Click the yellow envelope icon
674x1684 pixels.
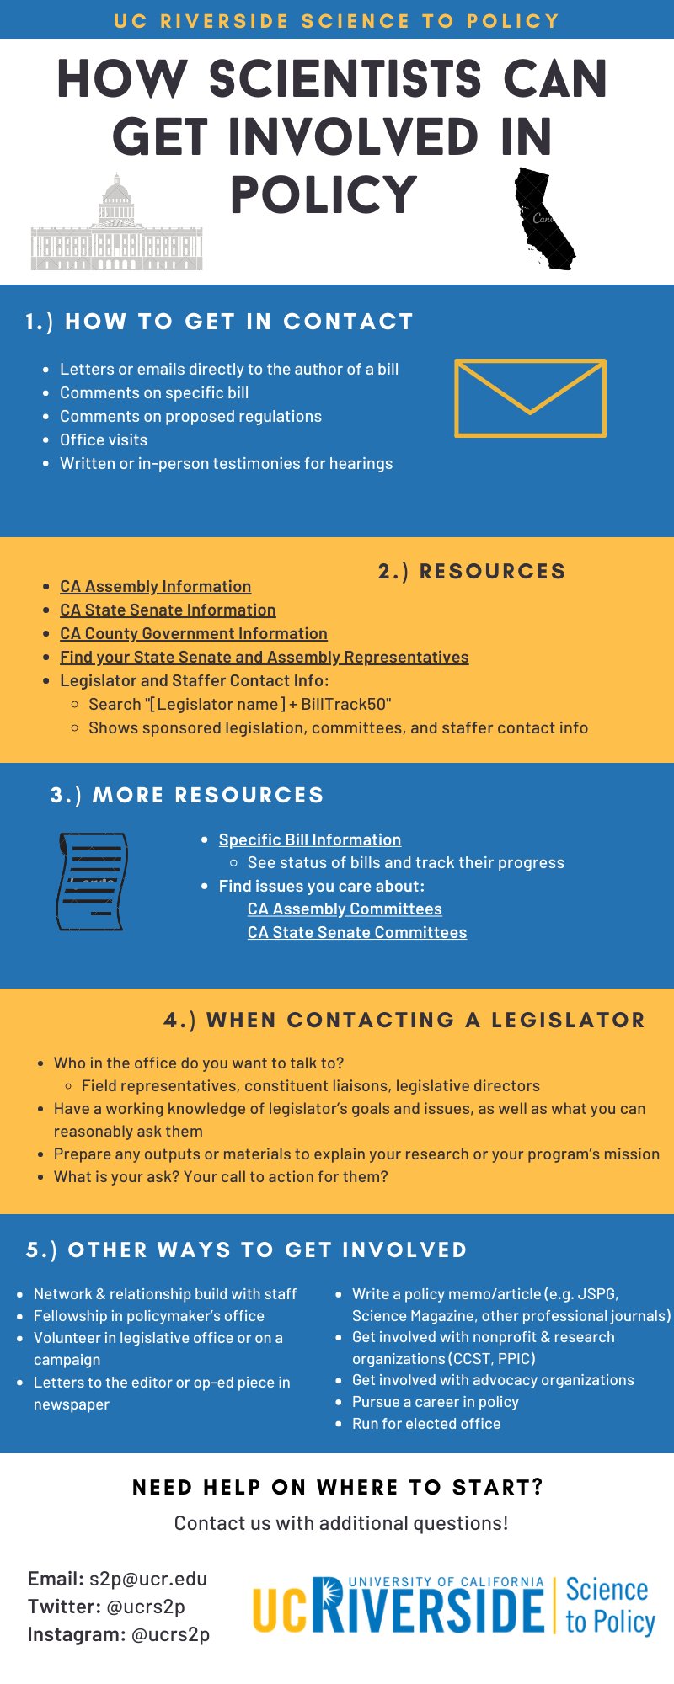(x=530, y=398)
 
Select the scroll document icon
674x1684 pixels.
(x=92, y=882)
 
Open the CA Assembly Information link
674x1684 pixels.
(x=155, y=586)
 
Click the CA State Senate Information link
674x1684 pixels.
(x=168, y=610)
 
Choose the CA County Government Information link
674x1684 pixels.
(x=193, y=633)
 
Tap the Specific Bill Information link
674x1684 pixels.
(x=309, y=839)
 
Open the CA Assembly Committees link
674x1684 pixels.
(x=345, y=909)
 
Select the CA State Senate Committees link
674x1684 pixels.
(x=356, y=932)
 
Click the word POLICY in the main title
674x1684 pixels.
(x=324, y=195)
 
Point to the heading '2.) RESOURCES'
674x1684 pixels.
(x=472, y=571)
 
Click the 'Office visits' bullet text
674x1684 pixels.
(x=104, y=440)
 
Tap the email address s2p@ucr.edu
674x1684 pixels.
(x=148, y=1579)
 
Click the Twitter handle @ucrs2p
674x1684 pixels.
(x=146, y=1607)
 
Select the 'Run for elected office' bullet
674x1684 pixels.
(x=426, y=1423)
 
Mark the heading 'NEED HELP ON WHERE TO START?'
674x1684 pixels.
(x=338, y=1487)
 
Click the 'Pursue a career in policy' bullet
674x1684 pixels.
(x=435, y=1401)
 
